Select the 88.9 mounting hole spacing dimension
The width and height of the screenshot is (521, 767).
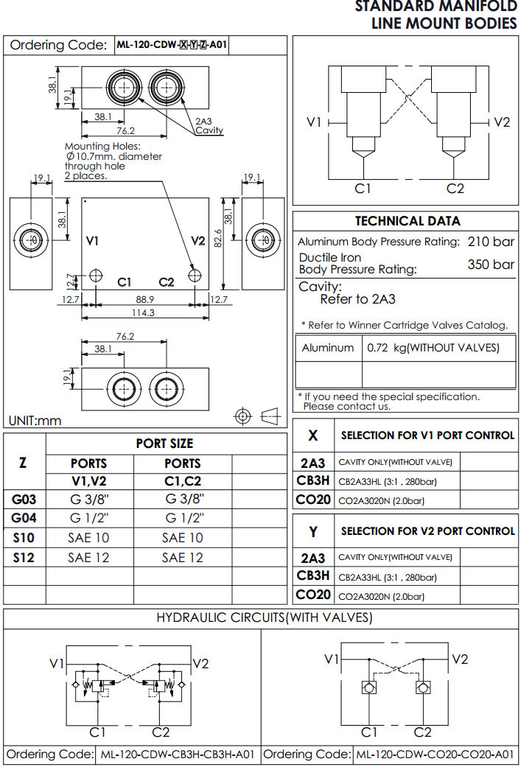point(145,300)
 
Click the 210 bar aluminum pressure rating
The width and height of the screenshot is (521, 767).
point(491,242)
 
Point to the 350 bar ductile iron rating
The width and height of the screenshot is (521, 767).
point(491,264)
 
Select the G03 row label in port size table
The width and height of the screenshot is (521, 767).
point(24,498)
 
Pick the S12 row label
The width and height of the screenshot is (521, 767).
point(24,557)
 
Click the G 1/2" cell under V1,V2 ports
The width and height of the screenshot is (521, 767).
point(89,517)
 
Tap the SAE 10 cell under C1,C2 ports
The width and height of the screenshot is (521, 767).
point(183,538)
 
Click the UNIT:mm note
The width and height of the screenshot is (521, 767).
point(35,421)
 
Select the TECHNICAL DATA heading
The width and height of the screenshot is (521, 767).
point(408,221)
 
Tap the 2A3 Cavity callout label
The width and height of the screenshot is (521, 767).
point(208,126)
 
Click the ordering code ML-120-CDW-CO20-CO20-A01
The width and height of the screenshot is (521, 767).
point(434,754)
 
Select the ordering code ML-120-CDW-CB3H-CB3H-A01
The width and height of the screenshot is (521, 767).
point(178,754)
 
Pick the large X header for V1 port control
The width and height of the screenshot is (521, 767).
point(313,435)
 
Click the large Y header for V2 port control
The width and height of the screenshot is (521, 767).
point(313,530)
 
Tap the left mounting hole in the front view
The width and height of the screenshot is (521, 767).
point(96,276)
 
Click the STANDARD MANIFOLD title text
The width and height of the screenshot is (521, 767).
point(436,7)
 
